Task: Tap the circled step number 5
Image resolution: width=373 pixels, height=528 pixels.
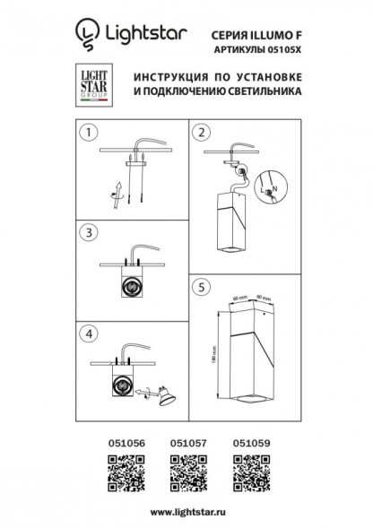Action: click(x=202, y=289)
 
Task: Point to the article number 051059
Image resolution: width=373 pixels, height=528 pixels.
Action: click(x=248, y=443)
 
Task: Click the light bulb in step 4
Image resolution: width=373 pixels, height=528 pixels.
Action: click(x=164, y=394)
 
